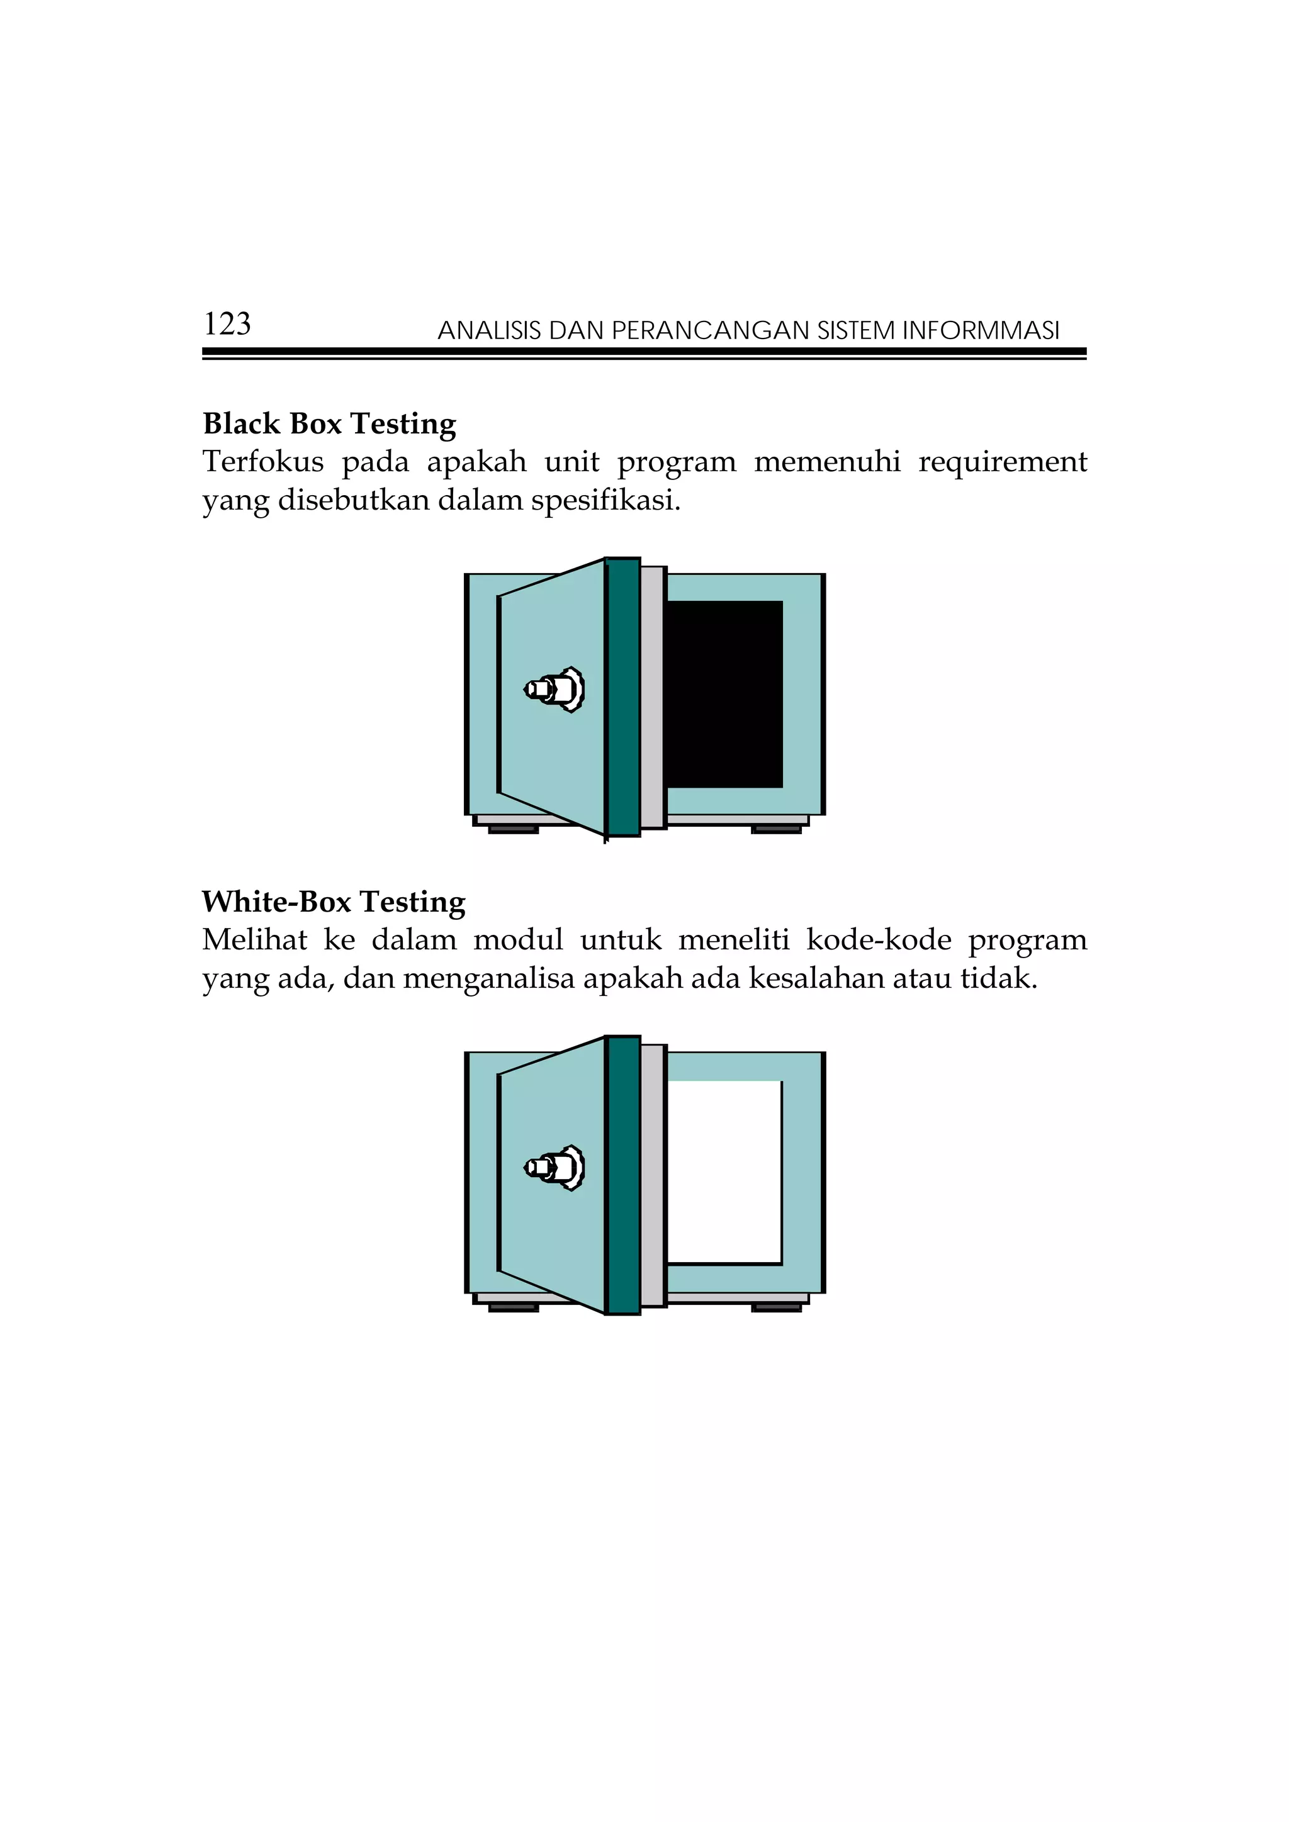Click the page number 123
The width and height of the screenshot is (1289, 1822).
(227, 324)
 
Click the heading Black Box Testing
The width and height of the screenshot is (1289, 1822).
(329, 424)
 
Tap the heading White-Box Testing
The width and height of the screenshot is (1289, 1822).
(334, 902)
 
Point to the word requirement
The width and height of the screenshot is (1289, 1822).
(1003, 462)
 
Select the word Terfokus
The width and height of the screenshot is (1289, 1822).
(262, 462)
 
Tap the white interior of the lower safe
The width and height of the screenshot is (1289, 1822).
(724, 1171)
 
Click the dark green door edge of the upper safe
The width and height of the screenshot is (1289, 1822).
(623, 696)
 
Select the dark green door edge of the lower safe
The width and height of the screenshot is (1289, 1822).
(623, 1175)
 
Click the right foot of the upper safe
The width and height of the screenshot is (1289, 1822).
(775, 829)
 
